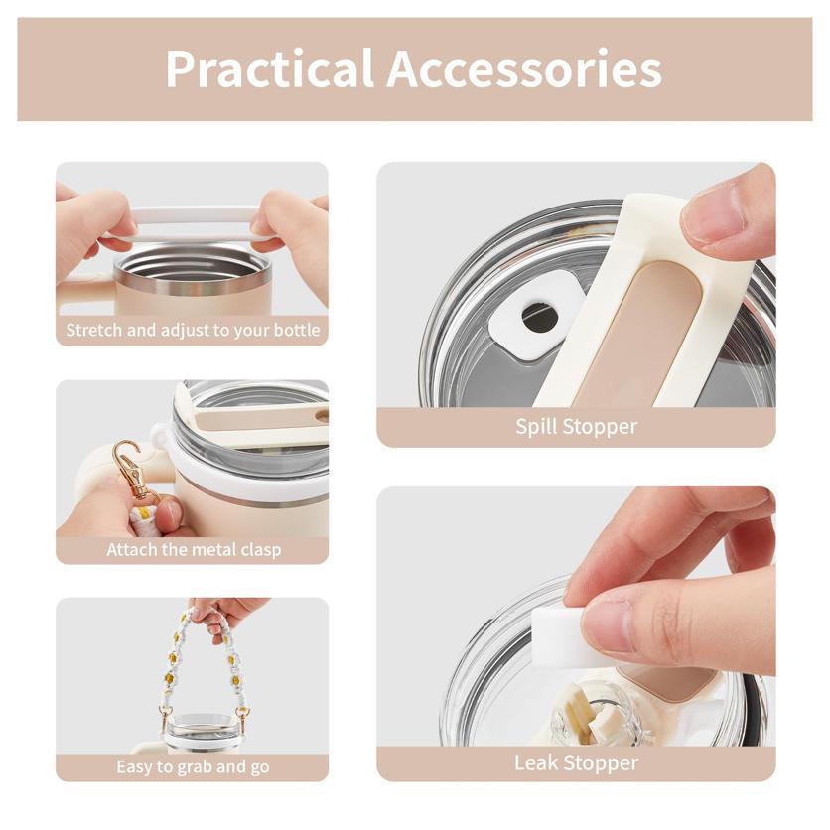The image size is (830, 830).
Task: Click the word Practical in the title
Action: (x=270, y=69)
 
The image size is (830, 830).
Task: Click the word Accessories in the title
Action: (x=524, y=69)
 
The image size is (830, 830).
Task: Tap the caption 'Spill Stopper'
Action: (x=577, y=427)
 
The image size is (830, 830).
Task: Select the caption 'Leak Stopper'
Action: (x=577, y=762)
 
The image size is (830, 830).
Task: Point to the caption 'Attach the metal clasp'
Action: (x=194, y=549)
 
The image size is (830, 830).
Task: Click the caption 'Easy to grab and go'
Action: (x=193, y=766)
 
